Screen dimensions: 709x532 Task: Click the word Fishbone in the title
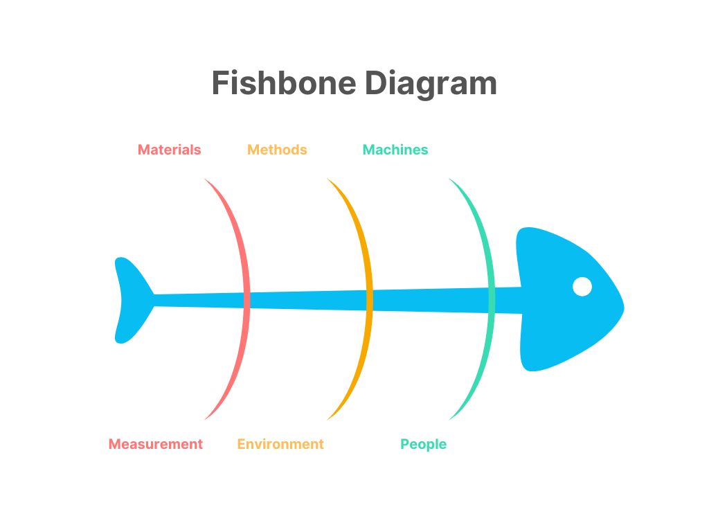(x=284, y=83)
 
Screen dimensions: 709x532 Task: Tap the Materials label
(x=169, y=150)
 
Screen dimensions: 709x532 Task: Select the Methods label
(x=277, y=150)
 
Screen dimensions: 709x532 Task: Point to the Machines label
(x=395, y=150)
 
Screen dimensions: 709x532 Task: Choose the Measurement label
(x=156, y=444)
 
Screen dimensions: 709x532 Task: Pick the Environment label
(x=280, y=444)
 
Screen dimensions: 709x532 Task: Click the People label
(x=423, y=445)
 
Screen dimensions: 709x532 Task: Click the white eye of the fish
(x=582, y=287)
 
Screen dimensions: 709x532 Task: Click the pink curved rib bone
(x=246, y=299)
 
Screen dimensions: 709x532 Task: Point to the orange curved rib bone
(x=370, y=299)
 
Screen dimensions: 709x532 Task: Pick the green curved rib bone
(x=492, y=299)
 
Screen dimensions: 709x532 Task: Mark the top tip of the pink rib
(x=204, y=179)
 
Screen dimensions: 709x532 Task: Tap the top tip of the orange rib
(x=327, y=179)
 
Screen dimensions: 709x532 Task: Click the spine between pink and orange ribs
(x=308, y=301)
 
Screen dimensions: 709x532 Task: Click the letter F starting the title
(x=221, y=83)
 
